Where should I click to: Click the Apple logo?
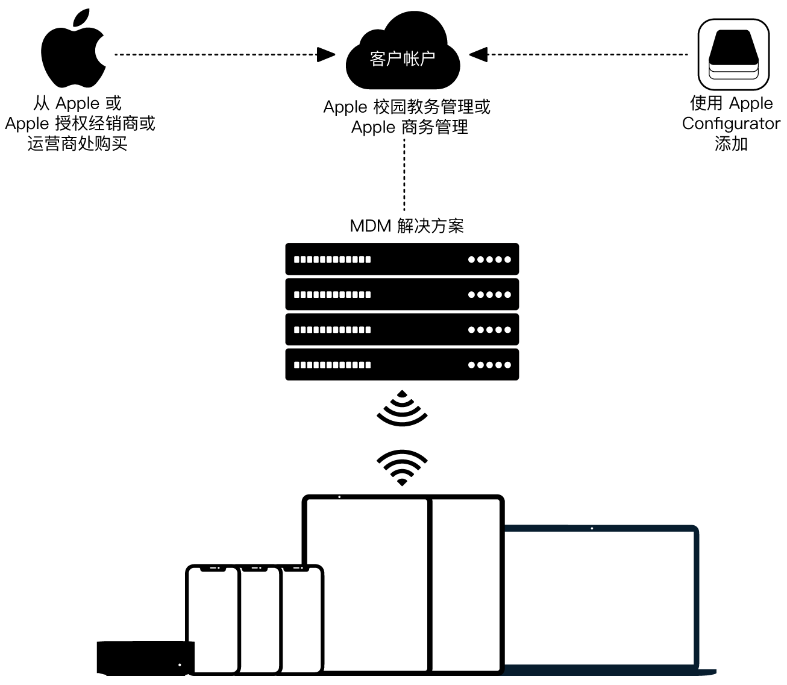coord(73,51)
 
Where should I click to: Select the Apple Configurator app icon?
coord(733,55)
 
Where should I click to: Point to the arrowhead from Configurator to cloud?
coord(478,55)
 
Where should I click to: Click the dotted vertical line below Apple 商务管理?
coord(404,175)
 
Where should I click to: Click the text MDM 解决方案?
coord(407,226)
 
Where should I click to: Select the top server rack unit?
coord(402,259)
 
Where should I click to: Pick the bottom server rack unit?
coord(402,364)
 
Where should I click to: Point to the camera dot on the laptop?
coord(592,529)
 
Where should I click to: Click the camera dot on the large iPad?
coord(339,497)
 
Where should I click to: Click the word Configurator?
coord(731,124)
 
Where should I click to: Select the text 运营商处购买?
coord(78,144)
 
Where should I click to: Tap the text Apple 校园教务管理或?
coord(407,107)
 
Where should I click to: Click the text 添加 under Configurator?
coord(731,144)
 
